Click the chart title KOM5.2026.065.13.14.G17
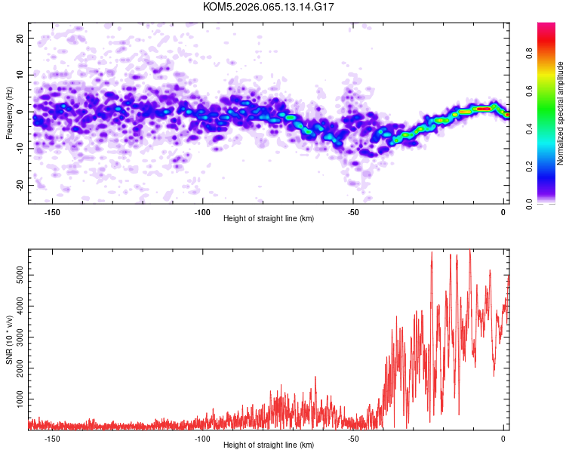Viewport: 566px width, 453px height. (x=269, y=7)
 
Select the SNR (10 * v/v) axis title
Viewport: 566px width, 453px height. (x=9, y=340)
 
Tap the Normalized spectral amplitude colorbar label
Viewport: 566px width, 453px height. (x=561, y=113)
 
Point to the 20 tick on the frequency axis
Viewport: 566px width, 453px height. (x=20, y=38)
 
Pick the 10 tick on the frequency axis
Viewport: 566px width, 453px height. (x=20, y=75)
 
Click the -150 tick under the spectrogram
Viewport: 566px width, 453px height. (x=52, y=212)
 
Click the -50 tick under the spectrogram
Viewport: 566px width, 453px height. (x=352, y=212)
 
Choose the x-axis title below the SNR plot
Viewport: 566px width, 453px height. (x=269, y=445)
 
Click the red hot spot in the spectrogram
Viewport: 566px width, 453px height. (x=484, y=109)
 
